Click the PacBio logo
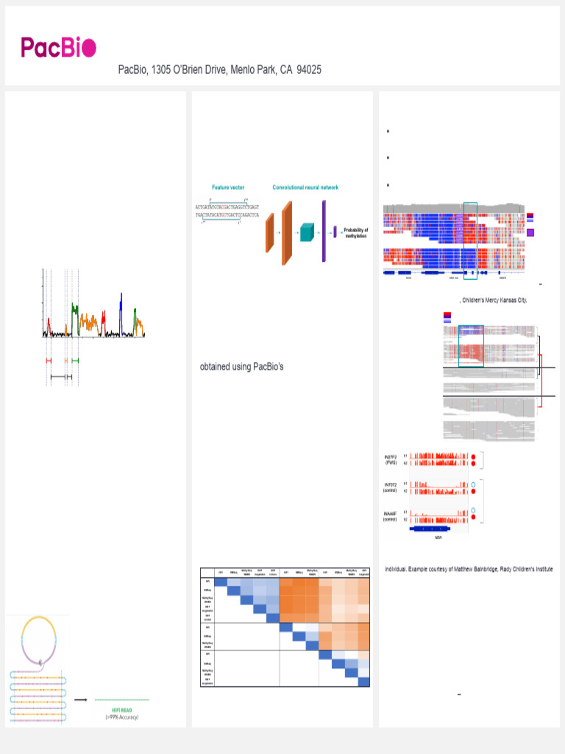[x=58, y=48]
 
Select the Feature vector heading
[x=228, y=188]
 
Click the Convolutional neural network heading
[x=305, y=188]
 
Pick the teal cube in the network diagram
[x=306, y=233]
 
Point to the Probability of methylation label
[x=355, y=233]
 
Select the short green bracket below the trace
[x=75, y=360]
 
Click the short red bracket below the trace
[x=49, y=360]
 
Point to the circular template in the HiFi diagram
[x=39, y=638]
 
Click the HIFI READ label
[x=121, y=709]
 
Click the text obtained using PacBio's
[x=242, y=367]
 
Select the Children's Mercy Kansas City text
[x=494, y=300]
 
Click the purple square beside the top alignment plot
[x=531, y=232]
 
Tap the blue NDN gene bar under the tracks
[x=438, y=528]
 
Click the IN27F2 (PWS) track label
[x=391, y=459]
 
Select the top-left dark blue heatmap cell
[x=220, y=582]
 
